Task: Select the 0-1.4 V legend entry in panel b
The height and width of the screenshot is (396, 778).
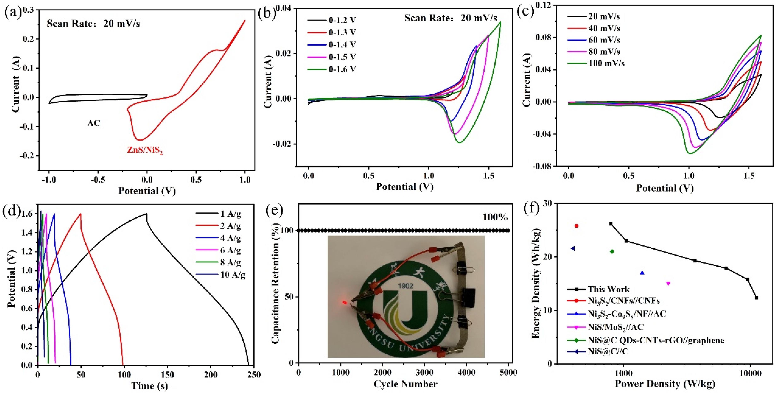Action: pyautogui.click(x=342, y=45)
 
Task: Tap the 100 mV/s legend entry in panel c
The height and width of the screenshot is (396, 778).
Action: pyautogui.click(x=606, y=63)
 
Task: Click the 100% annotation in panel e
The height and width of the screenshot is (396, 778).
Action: pyautogui.click(x=495, y=217)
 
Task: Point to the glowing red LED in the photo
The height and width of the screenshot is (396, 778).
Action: pyautogui.click(x=344, y=302)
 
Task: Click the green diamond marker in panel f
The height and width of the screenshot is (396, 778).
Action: pyautogui.click(x=612, y=251)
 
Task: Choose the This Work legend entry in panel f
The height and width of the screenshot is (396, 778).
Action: pyautogui.click(x=608, y=289)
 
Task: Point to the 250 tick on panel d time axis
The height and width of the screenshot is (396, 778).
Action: pyautogui.click(x=254, y=375)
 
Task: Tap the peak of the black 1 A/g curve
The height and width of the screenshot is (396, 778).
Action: pyautogui.click(x=146, y=214)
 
